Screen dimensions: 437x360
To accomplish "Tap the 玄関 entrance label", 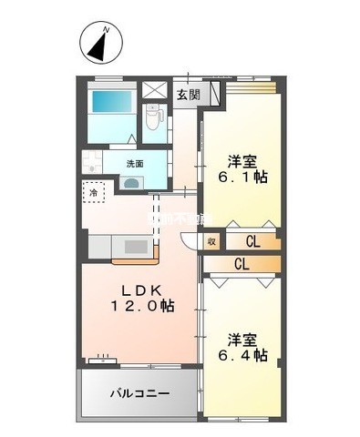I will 187,94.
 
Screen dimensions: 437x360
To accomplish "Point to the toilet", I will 152,116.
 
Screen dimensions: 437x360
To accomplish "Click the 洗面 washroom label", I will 134,163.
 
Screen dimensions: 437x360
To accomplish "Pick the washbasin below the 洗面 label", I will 133,181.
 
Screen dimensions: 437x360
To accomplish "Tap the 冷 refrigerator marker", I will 92,193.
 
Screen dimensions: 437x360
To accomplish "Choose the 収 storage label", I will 211,241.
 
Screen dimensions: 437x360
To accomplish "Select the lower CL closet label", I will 242,265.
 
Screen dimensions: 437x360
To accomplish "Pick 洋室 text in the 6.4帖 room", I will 242,336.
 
